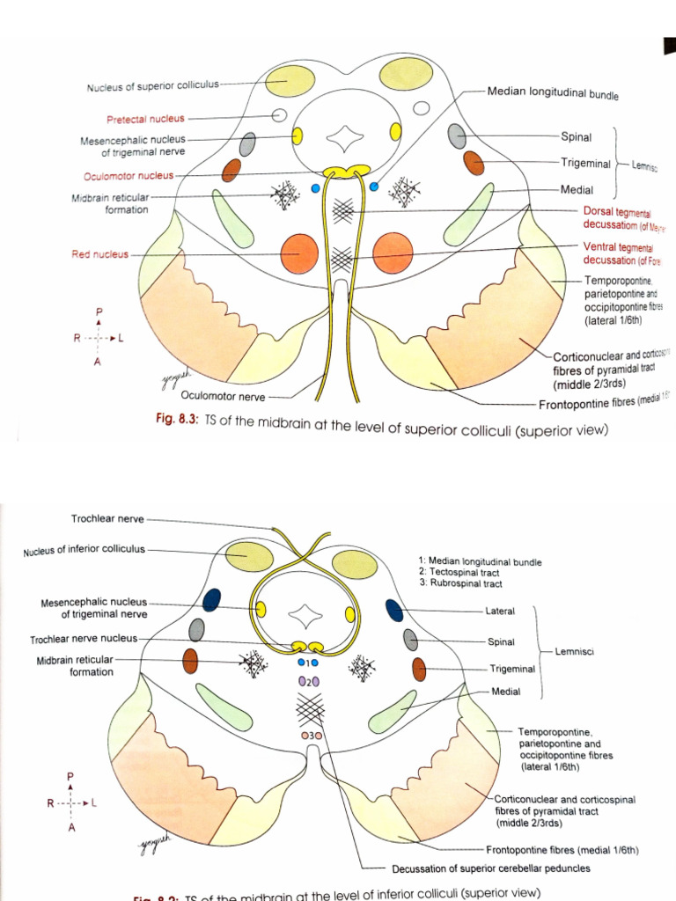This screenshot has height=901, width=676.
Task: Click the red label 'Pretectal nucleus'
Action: coord(145,118)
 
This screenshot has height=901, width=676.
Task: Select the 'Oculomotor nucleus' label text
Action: coord(129,175)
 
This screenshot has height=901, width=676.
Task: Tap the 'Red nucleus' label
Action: coord(99,255)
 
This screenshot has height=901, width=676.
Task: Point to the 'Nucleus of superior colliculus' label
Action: coord(152,86)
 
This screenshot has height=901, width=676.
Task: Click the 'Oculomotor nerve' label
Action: coord(222,396)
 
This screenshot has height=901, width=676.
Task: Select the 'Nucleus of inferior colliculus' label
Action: coord(85,551)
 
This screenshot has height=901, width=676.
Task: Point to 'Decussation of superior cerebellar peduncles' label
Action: coord(491,868)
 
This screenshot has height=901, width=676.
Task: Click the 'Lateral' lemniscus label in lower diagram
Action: coord(500,611)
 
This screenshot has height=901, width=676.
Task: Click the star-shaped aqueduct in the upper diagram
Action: coord(342,138)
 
